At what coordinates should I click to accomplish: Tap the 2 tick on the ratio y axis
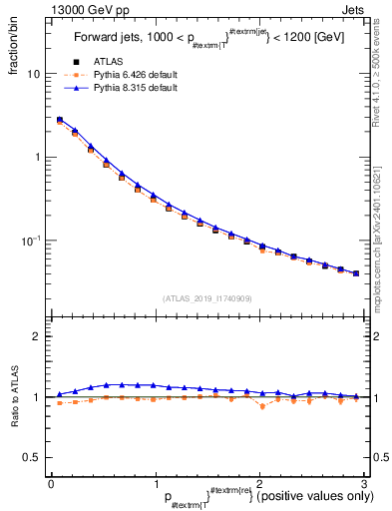[x=38, y=337]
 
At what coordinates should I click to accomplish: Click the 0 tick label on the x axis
[x=51, y=481]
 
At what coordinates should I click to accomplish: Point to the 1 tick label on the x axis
[x=155, y=481]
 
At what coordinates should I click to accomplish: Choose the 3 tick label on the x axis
[x=363, y=481]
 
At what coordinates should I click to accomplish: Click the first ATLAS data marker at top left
[x=59, y=121]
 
